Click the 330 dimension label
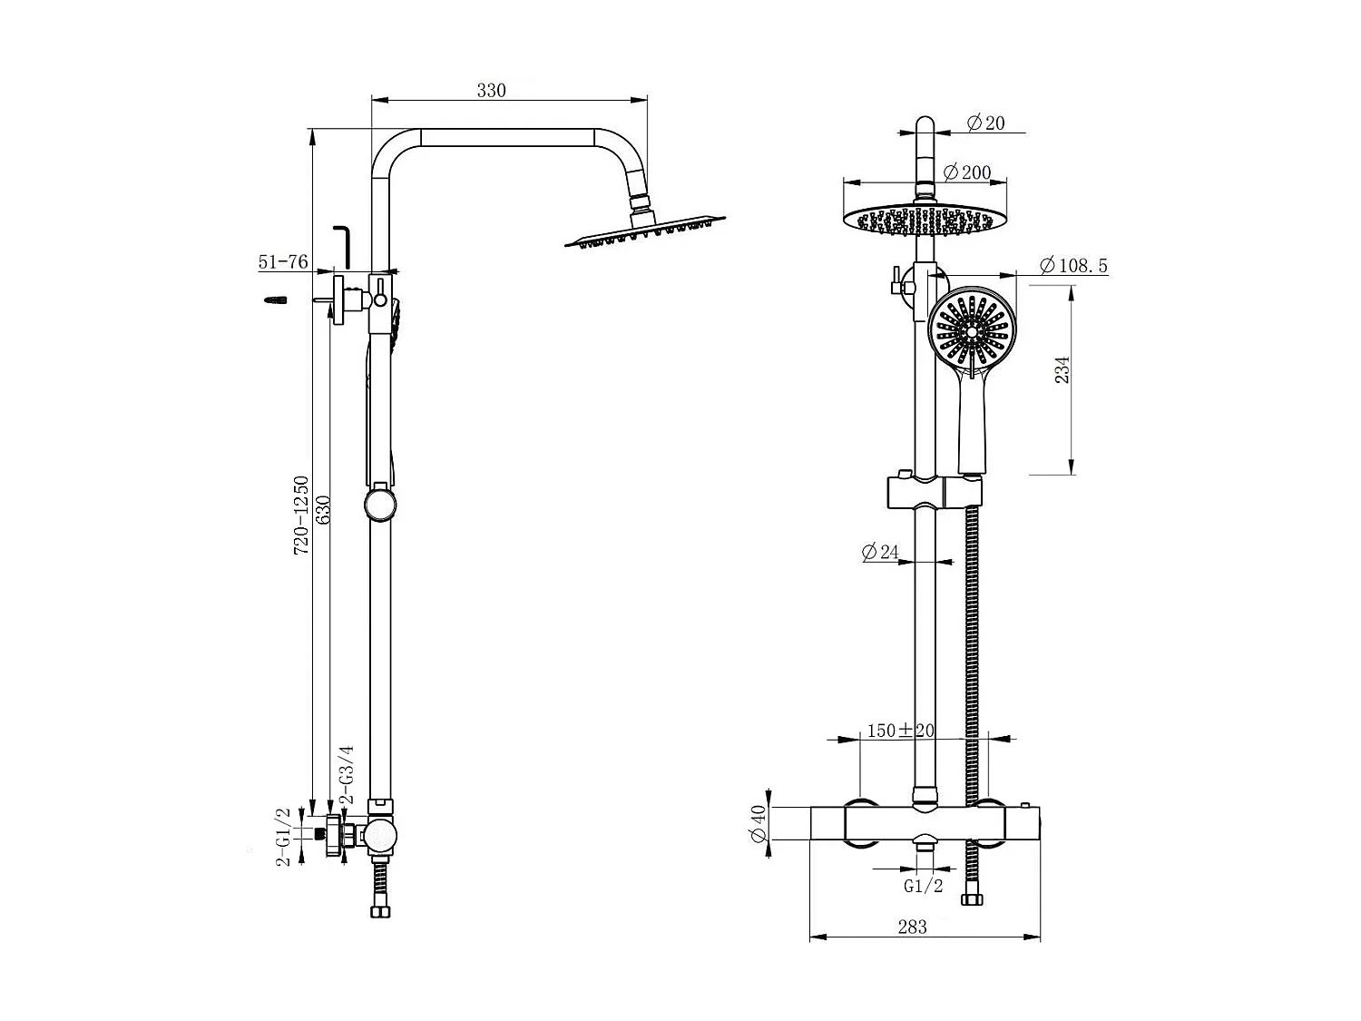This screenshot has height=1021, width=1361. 491,90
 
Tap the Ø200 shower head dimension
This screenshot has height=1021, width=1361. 967,172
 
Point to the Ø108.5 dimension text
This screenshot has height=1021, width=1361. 1074,266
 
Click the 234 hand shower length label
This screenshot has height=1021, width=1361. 1062,368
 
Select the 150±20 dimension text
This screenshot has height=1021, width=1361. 900,731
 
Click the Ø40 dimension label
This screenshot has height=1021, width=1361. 759,825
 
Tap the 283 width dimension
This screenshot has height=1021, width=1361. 912,927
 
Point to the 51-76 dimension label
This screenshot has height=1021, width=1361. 283,262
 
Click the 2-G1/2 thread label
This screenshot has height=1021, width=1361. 283,836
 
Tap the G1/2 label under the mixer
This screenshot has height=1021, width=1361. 923,886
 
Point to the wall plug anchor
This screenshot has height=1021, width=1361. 276,299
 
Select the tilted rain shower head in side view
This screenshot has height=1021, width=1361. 645,232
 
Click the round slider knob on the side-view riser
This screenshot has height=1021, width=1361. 379,505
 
